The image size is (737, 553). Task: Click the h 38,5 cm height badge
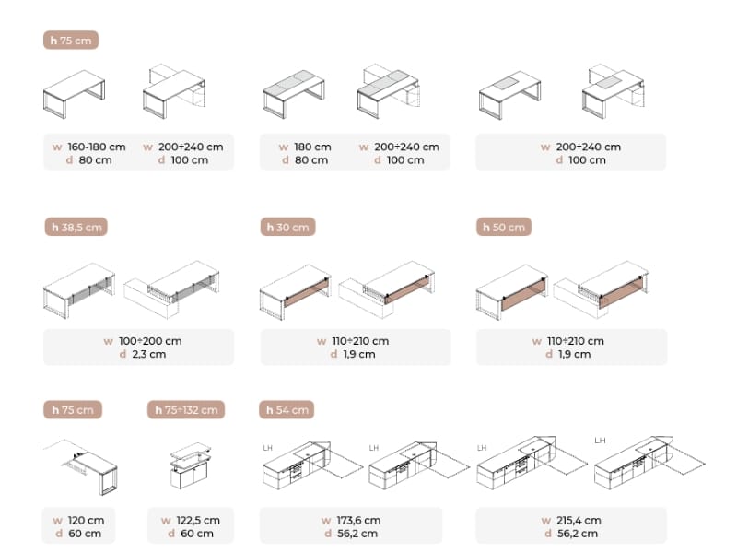pos(76,227)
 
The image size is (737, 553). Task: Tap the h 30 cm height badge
pos(287,227)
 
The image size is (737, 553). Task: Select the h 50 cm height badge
pos(504,227)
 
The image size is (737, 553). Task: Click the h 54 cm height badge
pos(287,409)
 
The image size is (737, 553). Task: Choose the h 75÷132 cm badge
pos(186,409)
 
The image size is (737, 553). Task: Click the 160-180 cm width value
pos(97,147)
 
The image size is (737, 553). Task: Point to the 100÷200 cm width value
pos(150,341)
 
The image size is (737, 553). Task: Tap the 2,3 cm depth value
pos(149,354)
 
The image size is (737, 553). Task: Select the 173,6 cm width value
pos(358,520)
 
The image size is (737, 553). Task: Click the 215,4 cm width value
pos(579,520)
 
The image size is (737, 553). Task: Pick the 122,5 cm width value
pos(198,520)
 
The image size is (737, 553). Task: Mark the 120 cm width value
pos(86,520)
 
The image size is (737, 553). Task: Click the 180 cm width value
pos(312,147)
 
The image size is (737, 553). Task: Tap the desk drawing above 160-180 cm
pos(74,94)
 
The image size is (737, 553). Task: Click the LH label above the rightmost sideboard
pos(600,441)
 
